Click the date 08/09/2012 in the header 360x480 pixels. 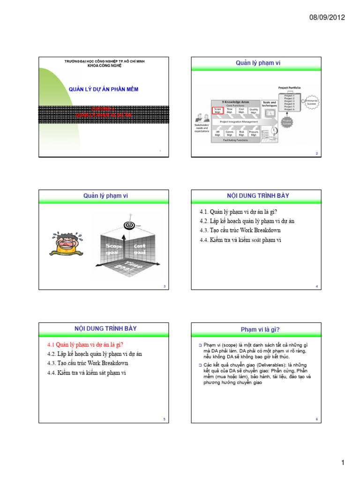point(327,17)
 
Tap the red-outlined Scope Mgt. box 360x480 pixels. point(217,111)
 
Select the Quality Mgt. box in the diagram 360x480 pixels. point(254,111)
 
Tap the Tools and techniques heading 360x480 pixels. point(269,104)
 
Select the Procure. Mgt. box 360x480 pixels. point(254,133)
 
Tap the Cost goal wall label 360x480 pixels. point(140,248)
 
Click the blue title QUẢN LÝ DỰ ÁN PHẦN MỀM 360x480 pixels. point(104,89)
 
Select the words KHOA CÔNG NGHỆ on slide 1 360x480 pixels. point(104,66)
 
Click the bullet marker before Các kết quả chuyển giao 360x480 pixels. point(199,365)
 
